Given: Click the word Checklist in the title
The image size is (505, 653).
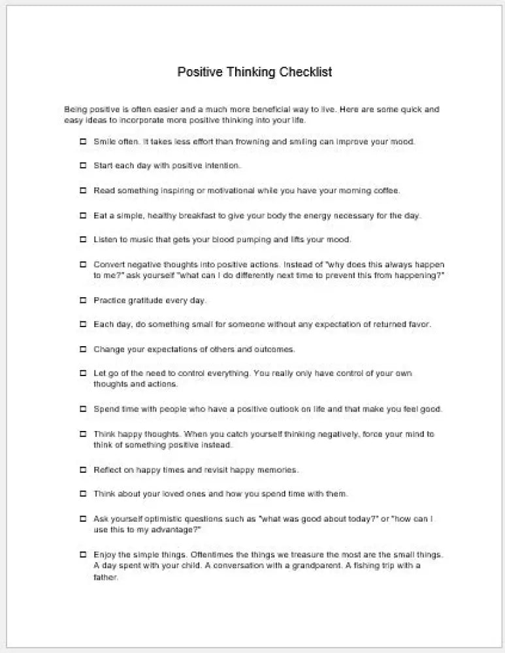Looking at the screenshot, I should (306, 72).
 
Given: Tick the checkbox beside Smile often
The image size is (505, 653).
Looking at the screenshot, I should (83, 141).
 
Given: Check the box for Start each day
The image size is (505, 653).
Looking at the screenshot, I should (83, 166).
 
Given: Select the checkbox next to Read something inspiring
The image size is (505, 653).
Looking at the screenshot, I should (83, 191).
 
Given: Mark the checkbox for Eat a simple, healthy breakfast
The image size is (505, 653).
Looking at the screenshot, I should (83, 215).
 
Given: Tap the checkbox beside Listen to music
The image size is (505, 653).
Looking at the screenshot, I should (83, 240).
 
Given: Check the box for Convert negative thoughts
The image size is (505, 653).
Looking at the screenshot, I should (83, 264).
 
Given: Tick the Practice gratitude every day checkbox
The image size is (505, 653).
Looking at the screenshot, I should (83, 300).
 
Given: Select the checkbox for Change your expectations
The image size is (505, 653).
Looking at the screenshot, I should (83, 349).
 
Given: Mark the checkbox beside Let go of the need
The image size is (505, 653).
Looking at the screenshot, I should (83, 374).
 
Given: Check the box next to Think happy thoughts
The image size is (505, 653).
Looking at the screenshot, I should (83, 434).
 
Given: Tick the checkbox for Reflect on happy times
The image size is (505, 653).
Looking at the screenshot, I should (83, 470).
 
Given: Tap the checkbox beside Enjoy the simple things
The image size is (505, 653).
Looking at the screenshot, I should (83, 554).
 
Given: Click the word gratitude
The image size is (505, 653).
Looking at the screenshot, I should (143, 300).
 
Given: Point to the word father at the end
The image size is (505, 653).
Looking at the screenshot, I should (105, 578).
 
